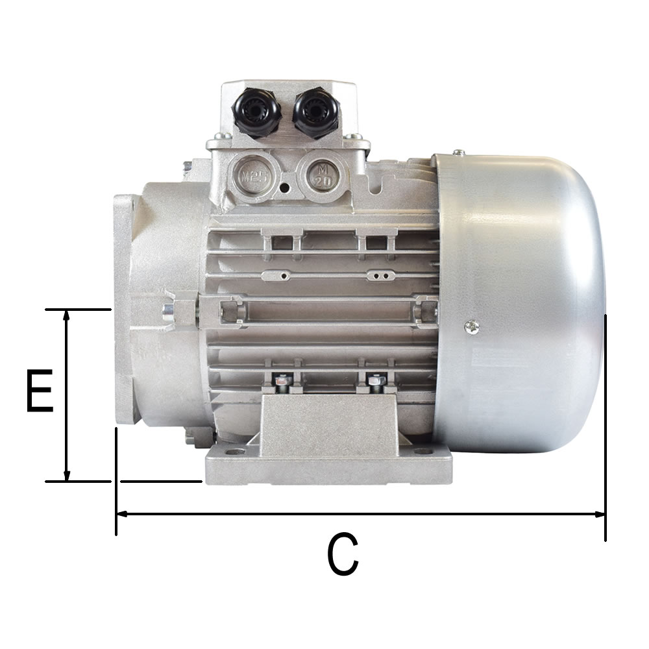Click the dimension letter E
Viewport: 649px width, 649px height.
click(40, 391)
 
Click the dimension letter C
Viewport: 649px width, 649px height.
click(343, 554)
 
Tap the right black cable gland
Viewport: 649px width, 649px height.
click(317, 112)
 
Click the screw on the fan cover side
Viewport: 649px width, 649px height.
click(472, 328)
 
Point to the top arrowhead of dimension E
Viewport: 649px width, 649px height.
click(66, 315)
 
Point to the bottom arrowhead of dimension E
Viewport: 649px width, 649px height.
click(66, 476)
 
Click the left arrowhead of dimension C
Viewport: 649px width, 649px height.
click(122, 514)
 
